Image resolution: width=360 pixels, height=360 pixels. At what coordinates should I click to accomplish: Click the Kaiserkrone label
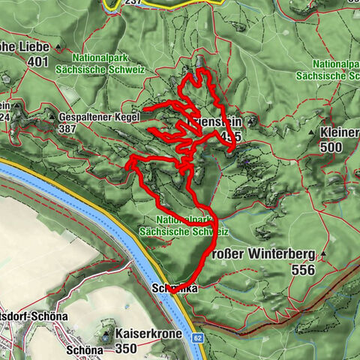(148, 331)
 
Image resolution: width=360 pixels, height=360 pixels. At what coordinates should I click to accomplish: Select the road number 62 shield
(197, 338)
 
